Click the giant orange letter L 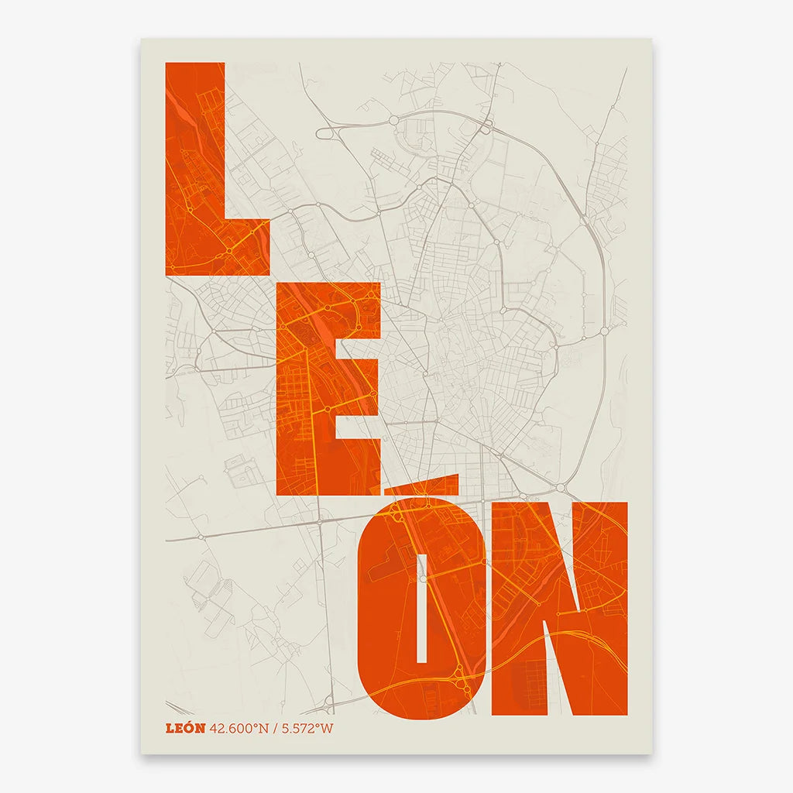[x=194, y=170]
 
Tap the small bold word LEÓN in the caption [x=185, y=728]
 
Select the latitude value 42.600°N [x=239, y=728]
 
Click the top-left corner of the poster [x=141, y=39]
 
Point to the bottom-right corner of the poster [x=652, y=754]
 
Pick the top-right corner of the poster [x=652, y=39]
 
